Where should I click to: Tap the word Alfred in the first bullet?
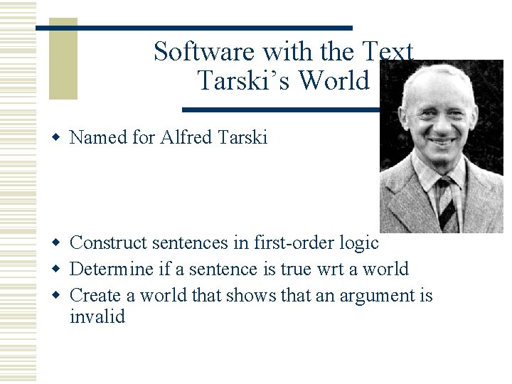coord(187,137)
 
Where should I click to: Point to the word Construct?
coord(111,243)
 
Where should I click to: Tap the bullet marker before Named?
coord(60,137)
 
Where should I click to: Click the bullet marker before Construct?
coord(60,243)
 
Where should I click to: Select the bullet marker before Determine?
coord(60,269)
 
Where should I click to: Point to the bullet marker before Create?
coord(60,294)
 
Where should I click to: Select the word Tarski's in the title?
coord(242,81)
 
